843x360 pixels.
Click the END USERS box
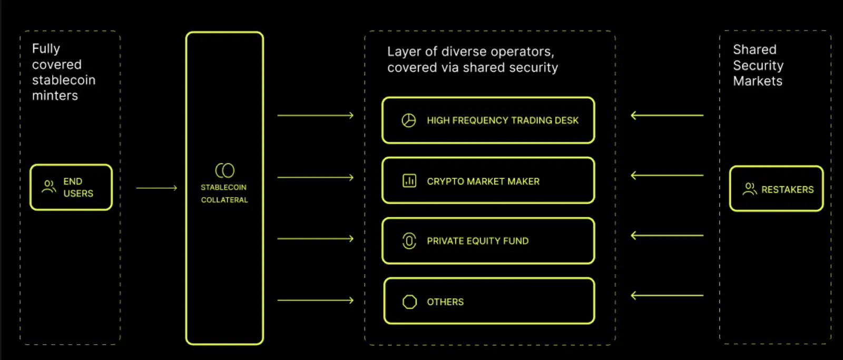point(71,187)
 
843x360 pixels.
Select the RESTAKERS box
point(776,189)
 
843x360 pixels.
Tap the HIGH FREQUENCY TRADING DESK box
point(488,120)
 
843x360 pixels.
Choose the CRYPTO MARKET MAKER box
point(488,181)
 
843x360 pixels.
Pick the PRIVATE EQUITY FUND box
point(488,241)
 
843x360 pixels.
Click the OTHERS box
point(489,301)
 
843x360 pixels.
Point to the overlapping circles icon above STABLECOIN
point(224,170)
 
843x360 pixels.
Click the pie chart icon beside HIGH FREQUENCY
point(409,120)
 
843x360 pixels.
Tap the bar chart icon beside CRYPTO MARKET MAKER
point(409,181)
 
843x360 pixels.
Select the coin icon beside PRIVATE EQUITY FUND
point(409,241)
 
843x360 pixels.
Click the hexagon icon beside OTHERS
point(409,301)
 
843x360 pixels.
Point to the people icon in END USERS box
point(48,187)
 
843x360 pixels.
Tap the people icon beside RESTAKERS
point(749,189)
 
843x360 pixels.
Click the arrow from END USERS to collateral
point(156,188)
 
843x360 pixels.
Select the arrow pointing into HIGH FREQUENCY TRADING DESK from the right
point(666,115)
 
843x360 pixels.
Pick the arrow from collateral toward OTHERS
point(315,300)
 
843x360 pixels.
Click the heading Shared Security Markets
point(758,65)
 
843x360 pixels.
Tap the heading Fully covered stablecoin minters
point(63,72)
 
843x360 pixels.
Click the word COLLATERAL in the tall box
point(224,200)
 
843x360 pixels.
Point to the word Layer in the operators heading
point(404,52)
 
